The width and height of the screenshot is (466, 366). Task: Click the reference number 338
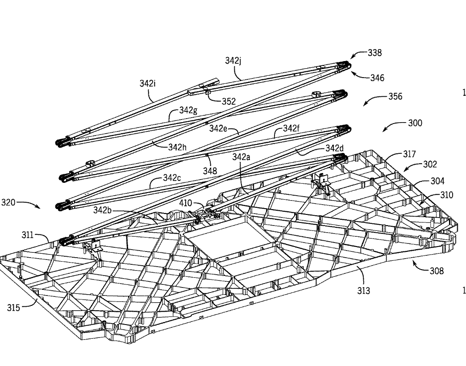374,53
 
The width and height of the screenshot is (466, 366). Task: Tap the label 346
377,78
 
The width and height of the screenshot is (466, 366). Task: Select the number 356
395,96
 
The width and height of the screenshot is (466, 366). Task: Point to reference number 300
415,123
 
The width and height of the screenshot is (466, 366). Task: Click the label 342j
233,61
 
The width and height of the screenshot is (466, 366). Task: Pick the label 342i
148,83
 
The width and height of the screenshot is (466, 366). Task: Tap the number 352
229,102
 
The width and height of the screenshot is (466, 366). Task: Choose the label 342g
188,111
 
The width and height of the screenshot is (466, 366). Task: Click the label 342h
177,147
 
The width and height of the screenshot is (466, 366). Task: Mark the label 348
210,171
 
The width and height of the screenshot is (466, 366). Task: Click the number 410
186,203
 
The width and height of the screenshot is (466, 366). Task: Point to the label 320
8,202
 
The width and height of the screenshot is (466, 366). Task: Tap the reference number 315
14,308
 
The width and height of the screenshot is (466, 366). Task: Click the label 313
363,291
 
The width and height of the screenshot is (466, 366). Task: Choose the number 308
437,271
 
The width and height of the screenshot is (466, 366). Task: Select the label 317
409,154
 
